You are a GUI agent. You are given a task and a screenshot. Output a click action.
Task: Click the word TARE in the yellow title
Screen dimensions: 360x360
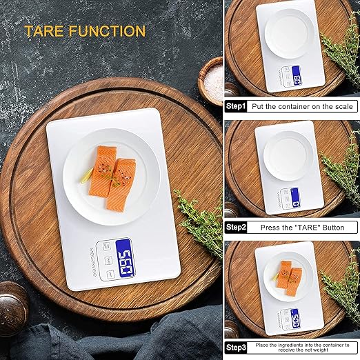click(x=46, y=31)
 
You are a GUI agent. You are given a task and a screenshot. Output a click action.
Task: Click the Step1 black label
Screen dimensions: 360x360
click(x=235, y=106)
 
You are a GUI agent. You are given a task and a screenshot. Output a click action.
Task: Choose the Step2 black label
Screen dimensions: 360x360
click(x=235, y=227)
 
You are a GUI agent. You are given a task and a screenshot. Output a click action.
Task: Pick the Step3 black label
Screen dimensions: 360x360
click(x=235, y=347)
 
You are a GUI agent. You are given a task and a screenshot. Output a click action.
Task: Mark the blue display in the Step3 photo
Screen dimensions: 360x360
click(x=294, y=317)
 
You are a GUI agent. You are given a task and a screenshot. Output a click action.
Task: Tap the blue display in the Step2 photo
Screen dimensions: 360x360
click(x=295, y=198)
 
